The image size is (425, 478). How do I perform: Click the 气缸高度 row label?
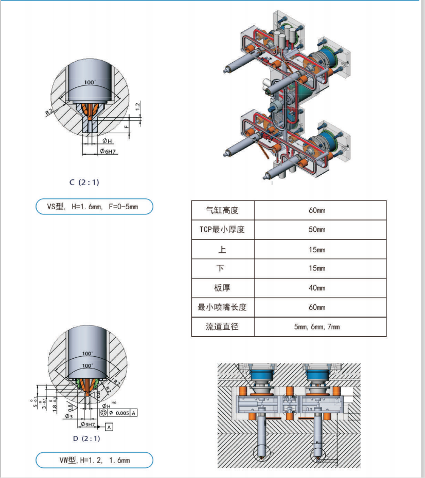pos(222,210)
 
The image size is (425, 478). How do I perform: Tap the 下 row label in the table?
pos(222,268)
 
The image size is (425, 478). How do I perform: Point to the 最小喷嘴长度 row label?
pos(222,307)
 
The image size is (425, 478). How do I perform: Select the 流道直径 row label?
pos(222,326)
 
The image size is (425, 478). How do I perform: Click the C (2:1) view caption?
pos(84,182)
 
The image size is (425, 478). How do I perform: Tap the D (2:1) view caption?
pos(86,438)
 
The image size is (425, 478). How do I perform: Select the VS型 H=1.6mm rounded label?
pos(94,207)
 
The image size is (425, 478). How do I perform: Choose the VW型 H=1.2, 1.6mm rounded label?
pos(94,461)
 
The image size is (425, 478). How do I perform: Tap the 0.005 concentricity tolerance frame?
pos(119,413)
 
